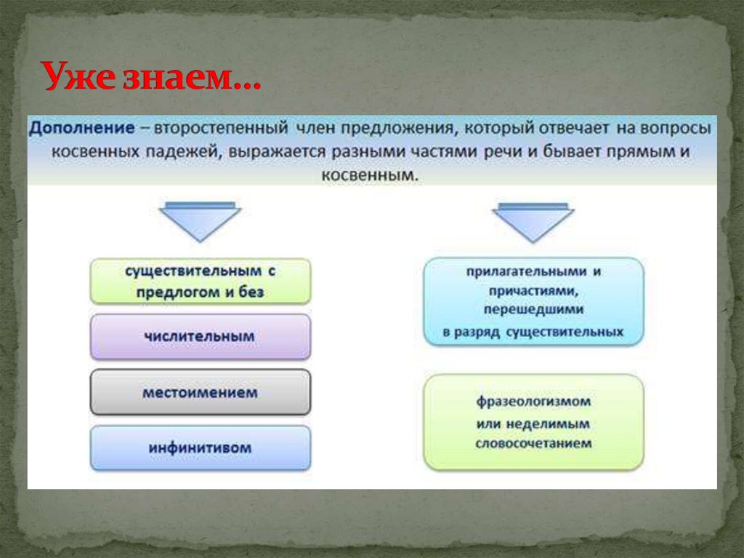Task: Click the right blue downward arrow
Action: tap(533, 222)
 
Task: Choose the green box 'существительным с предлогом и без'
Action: tap(201, 281)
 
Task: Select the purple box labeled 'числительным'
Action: tap(201, 336)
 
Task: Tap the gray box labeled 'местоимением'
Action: tap(201, 392)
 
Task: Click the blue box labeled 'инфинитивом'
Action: tap(201, 447)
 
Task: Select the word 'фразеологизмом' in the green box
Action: tap(533, 402)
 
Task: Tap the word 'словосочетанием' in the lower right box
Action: tap(533, 443)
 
